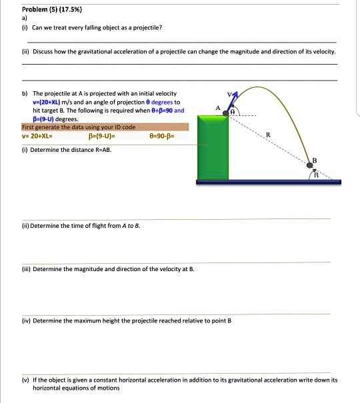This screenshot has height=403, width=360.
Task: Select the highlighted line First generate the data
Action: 79,127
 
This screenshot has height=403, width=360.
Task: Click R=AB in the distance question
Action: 103,149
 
